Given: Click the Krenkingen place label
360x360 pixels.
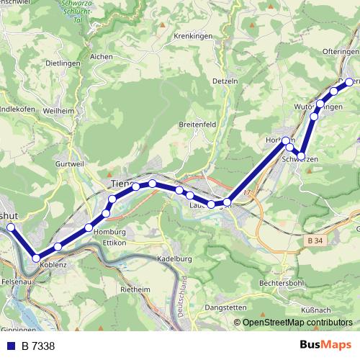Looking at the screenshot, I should coord(192,35).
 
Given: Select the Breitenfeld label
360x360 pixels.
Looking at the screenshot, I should coord(197,124).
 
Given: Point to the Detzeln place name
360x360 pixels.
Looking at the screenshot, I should coord(225,81).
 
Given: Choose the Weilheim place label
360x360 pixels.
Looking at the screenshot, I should coord(58,111).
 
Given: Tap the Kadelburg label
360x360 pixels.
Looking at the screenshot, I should coord(173,258).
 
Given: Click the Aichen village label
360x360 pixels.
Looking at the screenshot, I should coord(102,55).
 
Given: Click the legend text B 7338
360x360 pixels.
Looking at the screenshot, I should coord(38,346).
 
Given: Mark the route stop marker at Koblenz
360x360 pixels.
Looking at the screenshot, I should coord(36,258).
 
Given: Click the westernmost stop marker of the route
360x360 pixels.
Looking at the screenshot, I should coord(10,228).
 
